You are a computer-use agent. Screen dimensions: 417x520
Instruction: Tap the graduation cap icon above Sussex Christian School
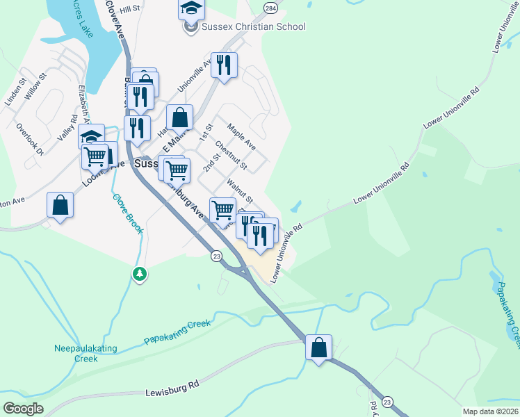(191, 9)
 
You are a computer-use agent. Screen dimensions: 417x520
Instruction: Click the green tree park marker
(140, 274)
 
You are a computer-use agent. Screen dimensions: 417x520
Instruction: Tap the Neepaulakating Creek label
(86, 354)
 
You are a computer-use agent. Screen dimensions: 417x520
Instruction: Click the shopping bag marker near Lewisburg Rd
(318, 347)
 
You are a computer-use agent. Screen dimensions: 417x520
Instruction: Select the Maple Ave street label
(242, 137)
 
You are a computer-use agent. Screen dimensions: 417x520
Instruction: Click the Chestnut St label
(231, 156)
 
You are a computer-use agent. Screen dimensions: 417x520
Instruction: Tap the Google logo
(23, 409)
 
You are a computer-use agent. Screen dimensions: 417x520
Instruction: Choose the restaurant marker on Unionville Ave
(224, 65)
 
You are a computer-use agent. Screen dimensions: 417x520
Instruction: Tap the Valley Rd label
(67, 129)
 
